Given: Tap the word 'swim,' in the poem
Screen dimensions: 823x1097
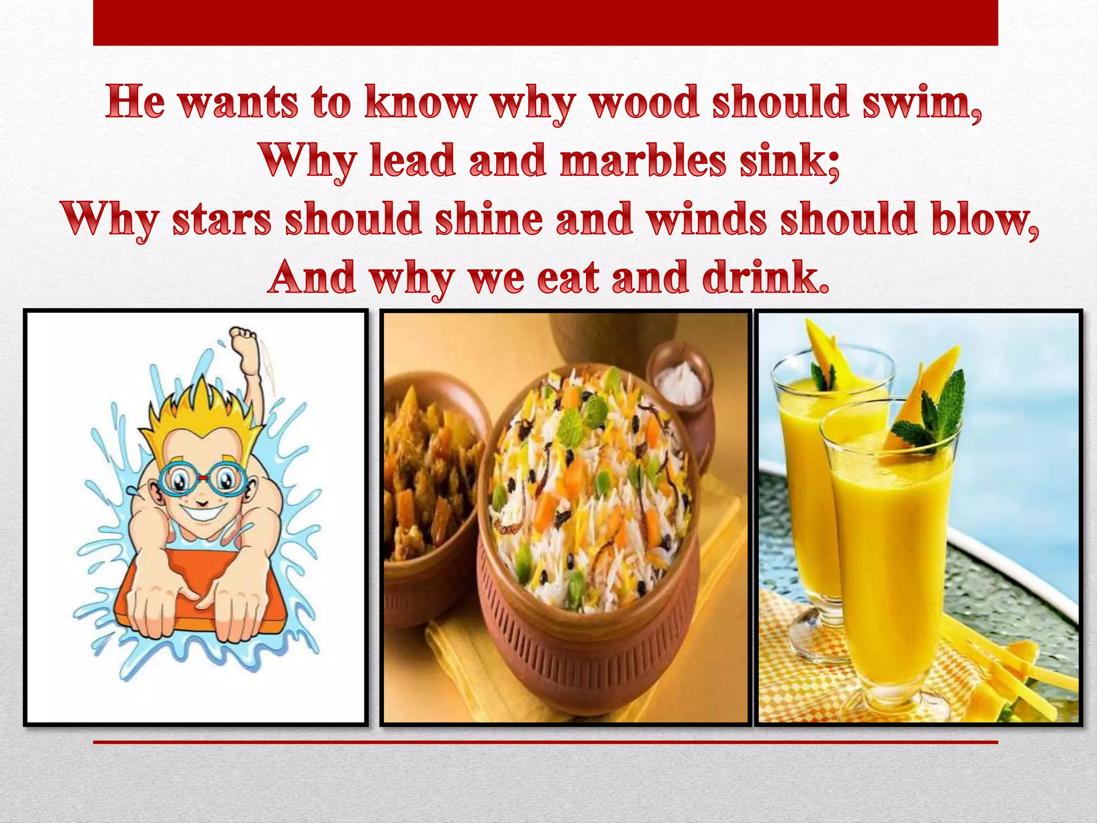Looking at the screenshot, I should click(x=921, y=103).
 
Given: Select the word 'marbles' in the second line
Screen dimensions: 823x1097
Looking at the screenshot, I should click(x=642, y=161).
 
